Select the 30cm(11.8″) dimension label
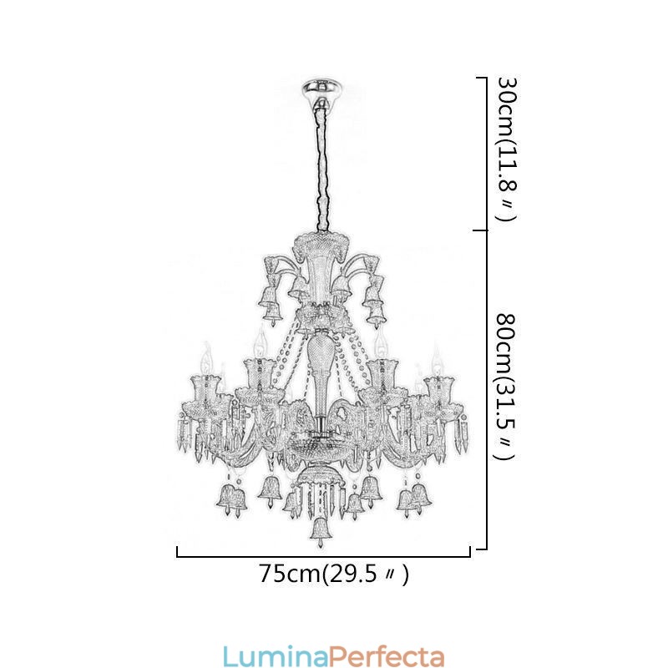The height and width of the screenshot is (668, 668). [505, 150]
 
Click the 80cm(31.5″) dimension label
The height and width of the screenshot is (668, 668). [505, 387]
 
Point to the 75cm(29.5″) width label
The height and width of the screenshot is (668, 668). [333, 574]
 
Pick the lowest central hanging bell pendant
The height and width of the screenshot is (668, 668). [319, 530]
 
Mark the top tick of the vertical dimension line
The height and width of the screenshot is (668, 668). [481, 78]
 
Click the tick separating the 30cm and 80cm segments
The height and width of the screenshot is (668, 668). [480, 230]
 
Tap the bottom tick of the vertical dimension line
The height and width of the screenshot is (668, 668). [481, 549]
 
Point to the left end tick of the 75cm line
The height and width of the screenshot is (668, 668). [177, 550]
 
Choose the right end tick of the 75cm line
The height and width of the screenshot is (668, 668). [470, 550]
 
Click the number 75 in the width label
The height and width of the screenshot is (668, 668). [271, 574]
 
